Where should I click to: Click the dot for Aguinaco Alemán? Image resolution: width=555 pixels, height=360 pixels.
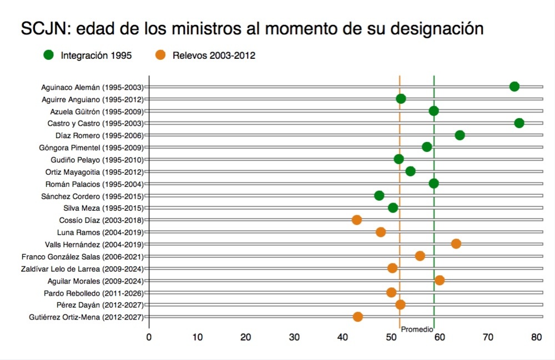(514, 87)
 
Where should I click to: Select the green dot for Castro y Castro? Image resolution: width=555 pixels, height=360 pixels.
(519, 123)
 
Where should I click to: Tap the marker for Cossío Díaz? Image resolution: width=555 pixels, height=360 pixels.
(357, 220)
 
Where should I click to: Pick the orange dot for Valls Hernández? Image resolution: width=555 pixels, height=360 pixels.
(456, 244)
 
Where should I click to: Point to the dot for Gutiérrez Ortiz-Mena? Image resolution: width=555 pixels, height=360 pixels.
(358, 317)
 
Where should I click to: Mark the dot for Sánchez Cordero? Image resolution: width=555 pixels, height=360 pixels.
(379, 196)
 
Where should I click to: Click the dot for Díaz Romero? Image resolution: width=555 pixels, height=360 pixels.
(460, 135)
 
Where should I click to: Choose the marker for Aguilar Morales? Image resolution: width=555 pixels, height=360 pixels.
(440, 280)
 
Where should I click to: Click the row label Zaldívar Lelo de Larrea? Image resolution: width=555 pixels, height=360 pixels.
(83, 268)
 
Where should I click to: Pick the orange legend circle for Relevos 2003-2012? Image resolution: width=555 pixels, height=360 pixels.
(160, 55)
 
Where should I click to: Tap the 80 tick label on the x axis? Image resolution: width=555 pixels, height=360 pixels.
(536, 337)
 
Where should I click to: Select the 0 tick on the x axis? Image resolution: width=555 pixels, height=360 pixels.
(149, 337)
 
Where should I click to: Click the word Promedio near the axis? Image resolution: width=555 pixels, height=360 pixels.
(417, 329)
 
